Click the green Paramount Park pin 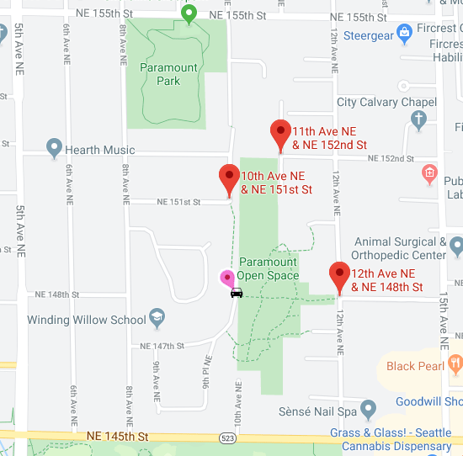click(189, 13)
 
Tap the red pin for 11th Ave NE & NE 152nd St click(280, 134)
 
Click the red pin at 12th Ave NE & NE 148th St click(339, 275)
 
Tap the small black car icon click(237, 293)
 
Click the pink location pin click(226, 278)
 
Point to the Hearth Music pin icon click(55, 149)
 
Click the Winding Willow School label click(86, 320)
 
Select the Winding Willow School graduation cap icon click(157, 318)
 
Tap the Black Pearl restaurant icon click(455, 365)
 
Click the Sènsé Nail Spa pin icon click(367, 410)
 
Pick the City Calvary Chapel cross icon click(418, 119)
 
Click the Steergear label click(369, 35)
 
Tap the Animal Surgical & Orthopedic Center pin click(456, 246)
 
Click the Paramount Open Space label click(269, 268)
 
